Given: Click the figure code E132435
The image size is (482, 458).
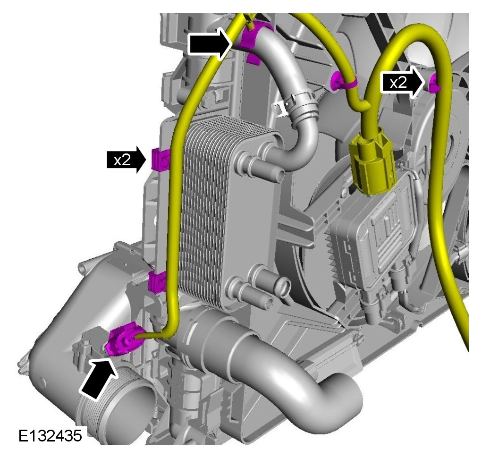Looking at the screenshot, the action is (x=50, y=436).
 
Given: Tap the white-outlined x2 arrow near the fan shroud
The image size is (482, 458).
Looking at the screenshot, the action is (x=403, y=83).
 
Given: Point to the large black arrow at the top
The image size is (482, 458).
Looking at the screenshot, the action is (x=209, y=43).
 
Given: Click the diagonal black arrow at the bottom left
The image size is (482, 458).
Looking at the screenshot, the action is (x=98, y=378).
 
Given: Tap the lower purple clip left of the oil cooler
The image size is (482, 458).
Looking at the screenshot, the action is (x=157, y=281).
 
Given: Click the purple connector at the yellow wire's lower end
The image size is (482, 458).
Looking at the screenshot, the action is (x=123, y=339).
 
